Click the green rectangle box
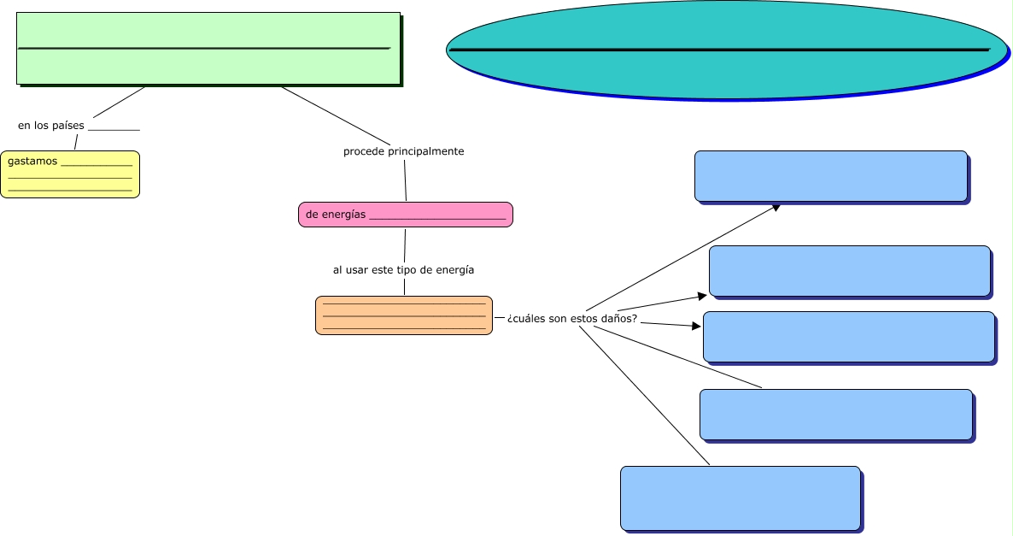208,68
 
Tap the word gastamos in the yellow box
32,161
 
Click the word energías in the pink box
343,215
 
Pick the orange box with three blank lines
403,315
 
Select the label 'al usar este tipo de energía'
403,269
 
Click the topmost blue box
830,176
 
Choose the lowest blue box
740,498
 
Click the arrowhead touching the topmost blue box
776,206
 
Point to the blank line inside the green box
204,49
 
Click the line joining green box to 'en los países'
119,102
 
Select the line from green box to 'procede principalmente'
336,115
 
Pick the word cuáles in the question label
530,319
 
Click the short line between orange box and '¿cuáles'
499,317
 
